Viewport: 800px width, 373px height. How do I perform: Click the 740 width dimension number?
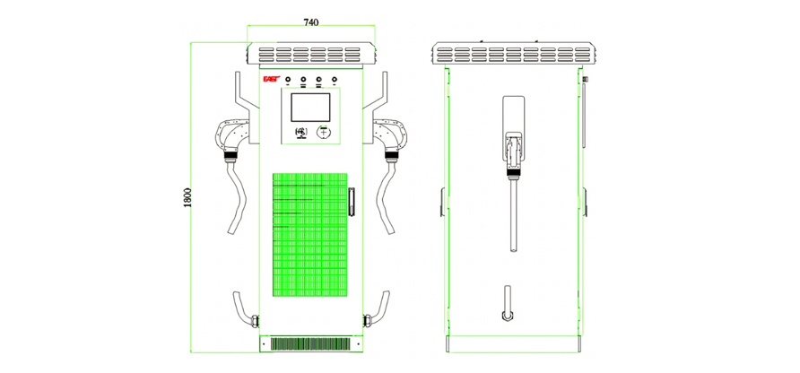pos(311,21)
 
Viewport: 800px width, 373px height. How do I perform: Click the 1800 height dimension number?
pos(187,196)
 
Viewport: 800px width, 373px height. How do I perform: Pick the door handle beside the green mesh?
pos(352,203)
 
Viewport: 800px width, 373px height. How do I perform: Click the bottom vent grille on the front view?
pos(310,343)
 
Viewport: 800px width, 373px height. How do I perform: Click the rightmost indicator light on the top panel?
pos(335,81)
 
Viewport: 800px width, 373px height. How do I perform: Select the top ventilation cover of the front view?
pos(311,53)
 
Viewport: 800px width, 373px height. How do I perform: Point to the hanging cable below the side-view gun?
pos(512,215)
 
